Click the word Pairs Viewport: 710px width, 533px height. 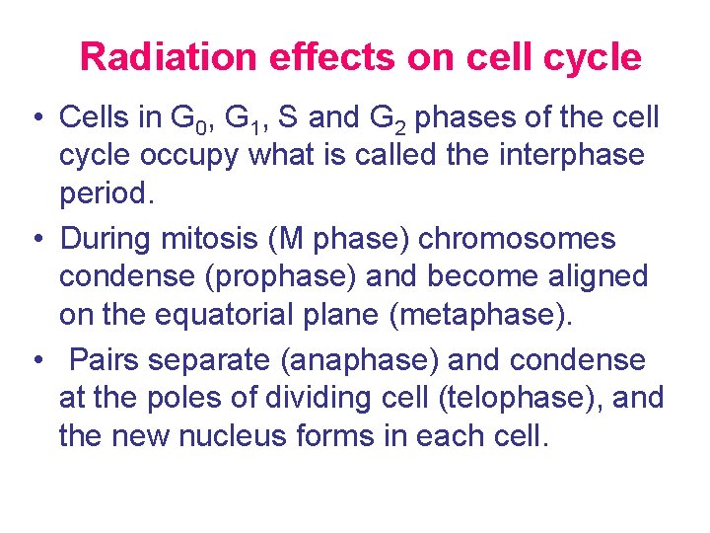pos(106,360)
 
